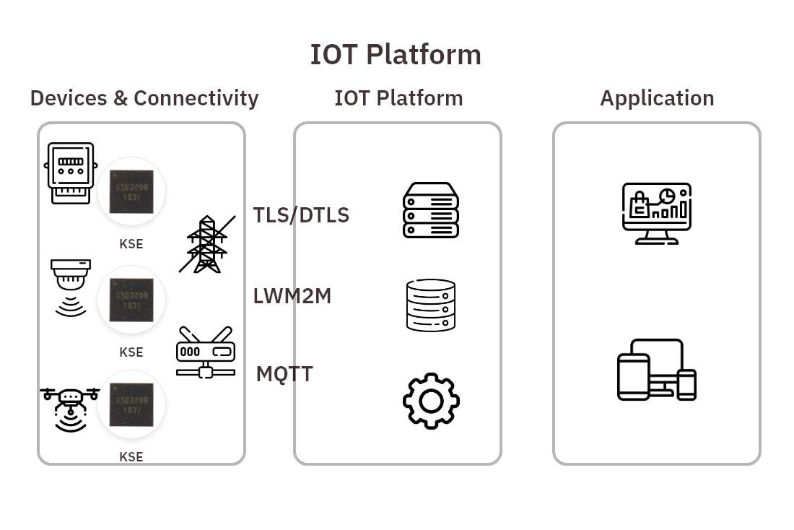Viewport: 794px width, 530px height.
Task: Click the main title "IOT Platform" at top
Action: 396,55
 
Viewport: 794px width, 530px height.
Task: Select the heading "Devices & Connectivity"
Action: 144,98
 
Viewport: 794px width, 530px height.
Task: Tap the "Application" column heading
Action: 657,98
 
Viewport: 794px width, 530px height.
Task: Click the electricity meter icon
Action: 70,173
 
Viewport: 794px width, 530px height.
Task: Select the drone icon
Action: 70,409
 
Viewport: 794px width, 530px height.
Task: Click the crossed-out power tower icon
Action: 207,244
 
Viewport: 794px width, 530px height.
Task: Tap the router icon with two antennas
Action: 206,352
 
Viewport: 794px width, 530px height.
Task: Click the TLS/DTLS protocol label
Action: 301,215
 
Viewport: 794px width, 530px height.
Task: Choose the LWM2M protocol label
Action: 292,296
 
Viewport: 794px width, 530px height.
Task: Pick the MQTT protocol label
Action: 284,374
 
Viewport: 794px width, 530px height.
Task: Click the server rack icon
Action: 431,210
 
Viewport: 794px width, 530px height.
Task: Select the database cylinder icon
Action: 431,305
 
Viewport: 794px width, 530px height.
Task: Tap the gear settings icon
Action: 431,401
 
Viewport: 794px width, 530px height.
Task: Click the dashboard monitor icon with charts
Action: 656,214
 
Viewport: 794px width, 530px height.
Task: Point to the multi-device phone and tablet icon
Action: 656,370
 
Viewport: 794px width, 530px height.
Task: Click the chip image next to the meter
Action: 131,191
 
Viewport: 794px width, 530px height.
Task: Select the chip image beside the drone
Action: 131,404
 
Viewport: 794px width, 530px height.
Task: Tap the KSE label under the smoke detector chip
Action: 131,352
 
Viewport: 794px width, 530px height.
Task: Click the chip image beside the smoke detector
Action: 131,300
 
